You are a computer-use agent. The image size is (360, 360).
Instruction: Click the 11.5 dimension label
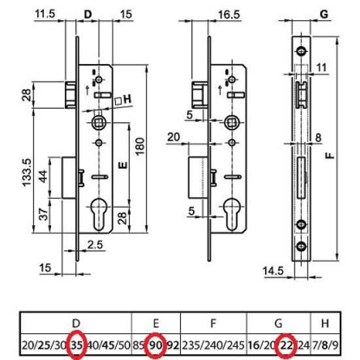[x=45, y=14]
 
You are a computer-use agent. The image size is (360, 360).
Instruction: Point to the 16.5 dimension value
[x=229, y=14]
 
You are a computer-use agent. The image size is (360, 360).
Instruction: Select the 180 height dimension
[x=140, y=147]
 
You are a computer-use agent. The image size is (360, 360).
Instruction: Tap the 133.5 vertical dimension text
[x=27, y=173]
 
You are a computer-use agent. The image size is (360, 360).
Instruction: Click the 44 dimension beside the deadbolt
[x=43, y=176]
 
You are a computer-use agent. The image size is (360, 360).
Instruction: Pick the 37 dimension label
[x=43, y=214]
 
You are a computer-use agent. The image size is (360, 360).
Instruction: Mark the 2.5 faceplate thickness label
[x=96, y=245]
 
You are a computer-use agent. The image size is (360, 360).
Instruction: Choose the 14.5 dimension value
[x=273, y=271]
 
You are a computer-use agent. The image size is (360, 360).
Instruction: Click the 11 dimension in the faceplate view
[x=321, y=67]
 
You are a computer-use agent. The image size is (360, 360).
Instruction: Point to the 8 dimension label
[x=319, y=138]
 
